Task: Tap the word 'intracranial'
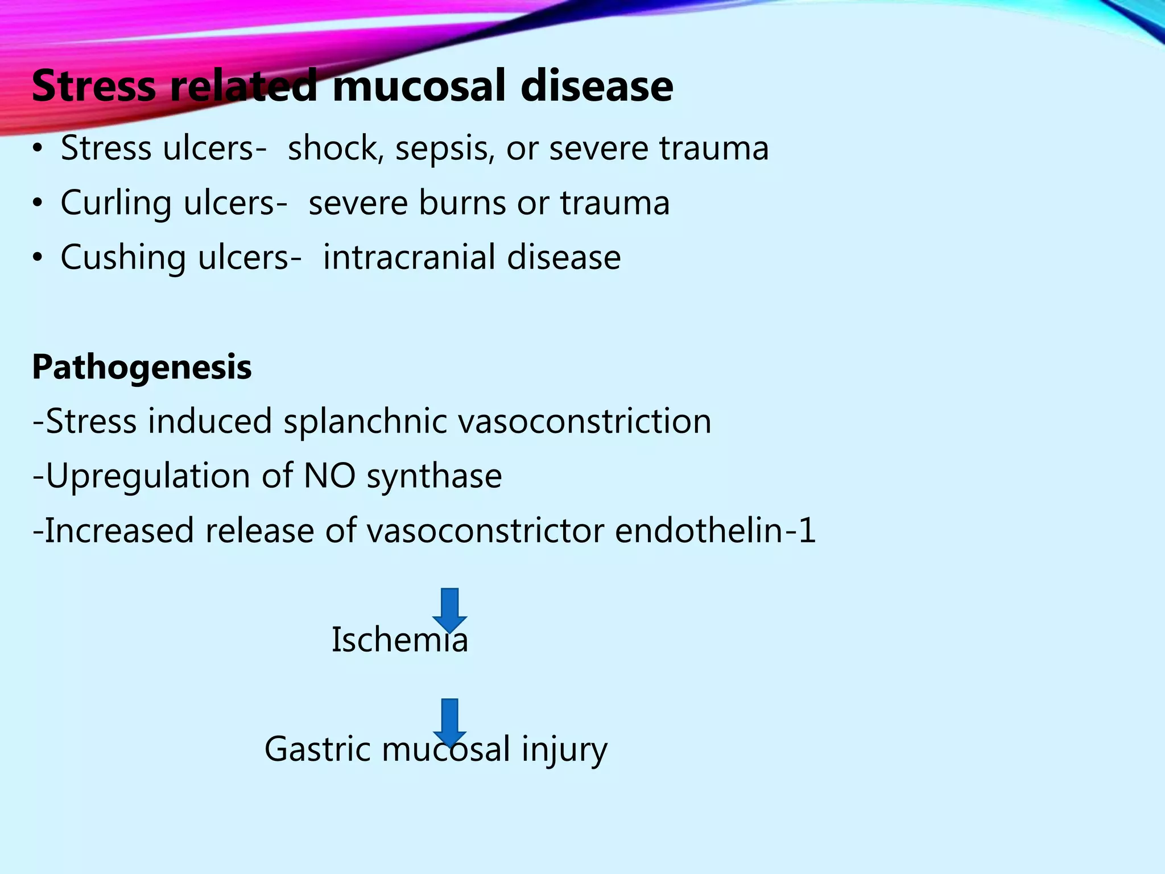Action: (x=409, y=257)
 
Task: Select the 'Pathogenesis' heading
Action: (x=142, y=367)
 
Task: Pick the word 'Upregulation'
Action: (x=147, y=476)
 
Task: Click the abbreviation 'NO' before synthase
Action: (x=330, y=476)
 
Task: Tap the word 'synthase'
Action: (x=434, y=476)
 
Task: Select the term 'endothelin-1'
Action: (x=715, y=530)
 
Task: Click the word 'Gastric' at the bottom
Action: (x=317, y=749)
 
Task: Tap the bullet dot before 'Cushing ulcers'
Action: (x=38, y=258)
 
